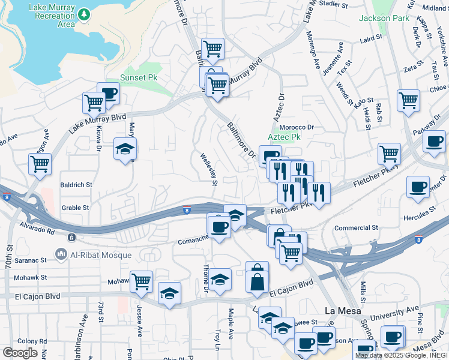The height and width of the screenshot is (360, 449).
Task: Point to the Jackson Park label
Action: pos(384,18)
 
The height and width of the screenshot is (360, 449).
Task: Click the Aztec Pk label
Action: pos(284,137)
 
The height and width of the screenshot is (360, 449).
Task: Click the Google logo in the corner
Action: pos(20,353)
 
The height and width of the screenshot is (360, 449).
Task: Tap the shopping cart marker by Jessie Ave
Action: pos(141,280)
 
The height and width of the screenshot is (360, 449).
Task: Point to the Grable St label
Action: pos(75,208)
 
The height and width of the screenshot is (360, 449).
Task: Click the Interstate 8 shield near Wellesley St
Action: pos(187,210)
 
